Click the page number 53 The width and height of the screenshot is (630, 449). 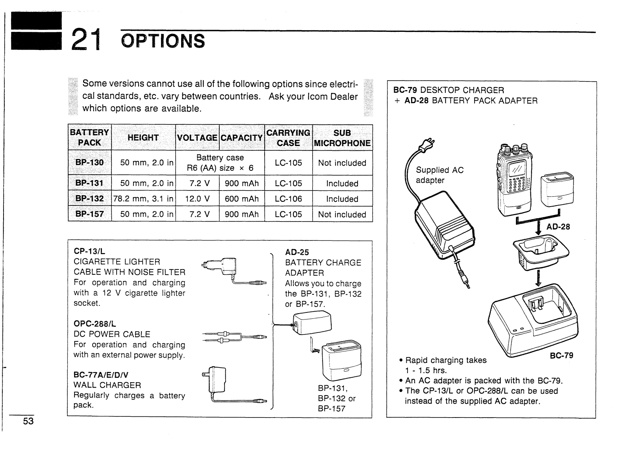pos(28,421)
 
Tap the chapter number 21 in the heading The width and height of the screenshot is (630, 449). pos(85,40)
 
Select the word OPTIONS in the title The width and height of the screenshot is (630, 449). pos(163,41)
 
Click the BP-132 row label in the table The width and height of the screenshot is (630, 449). pos(90,199)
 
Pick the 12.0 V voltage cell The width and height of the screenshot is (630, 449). pos(197,199)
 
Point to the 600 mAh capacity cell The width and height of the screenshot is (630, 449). pos(242,199)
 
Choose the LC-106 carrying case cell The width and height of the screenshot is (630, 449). pos(288,199)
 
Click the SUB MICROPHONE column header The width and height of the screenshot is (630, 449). pos(342,138)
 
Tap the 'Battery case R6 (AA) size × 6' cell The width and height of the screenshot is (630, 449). pos(220,163)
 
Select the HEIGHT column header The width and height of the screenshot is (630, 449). pos(143,138)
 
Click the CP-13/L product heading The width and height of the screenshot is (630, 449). pos(89,251)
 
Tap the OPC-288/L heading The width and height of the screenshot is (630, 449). pos(95,324)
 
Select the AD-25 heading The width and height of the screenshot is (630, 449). pos(297,252)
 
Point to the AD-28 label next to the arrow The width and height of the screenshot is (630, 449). pos(558,226)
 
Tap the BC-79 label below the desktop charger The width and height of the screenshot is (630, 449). pos(561,355)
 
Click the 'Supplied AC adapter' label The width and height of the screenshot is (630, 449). pos(439,175)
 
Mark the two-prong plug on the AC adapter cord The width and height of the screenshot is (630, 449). pos(426,144)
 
